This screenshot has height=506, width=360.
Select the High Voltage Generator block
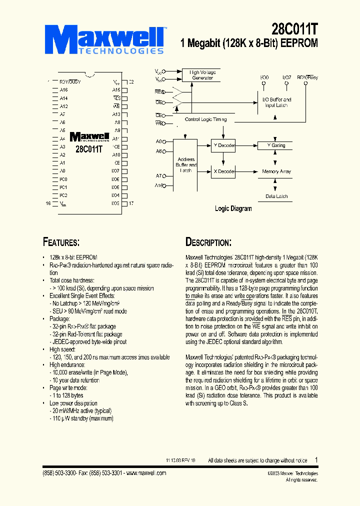click(x=202, y=75)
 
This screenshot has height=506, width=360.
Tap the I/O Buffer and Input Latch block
click(x=277, y=102)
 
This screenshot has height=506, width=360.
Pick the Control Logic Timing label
click(x=205, y=119)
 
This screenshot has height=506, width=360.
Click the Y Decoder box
click(x=223, y=145)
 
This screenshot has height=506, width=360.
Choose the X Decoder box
click(x=223, y=171)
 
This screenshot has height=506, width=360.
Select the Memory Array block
click(x=276, y=171)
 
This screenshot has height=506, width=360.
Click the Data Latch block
click(x=276, y=196)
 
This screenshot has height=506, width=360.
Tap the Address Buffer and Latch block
click(x=185, y=165)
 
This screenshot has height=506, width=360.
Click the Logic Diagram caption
click(x=233, y=208)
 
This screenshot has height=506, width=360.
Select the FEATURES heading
click(x=61, y=242)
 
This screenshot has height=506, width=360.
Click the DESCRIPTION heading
click(x=208, y=242)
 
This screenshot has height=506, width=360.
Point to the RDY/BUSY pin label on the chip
click(x=70, y=81)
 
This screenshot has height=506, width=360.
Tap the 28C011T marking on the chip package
click(x=89, y=149)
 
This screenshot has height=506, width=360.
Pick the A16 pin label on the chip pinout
click(x=63, y=90)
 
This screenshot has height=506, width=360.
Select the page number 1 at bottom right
click(x=316, y=459)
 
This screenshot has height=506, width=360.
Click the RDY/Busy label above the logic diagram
click(x=307, y=77)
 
